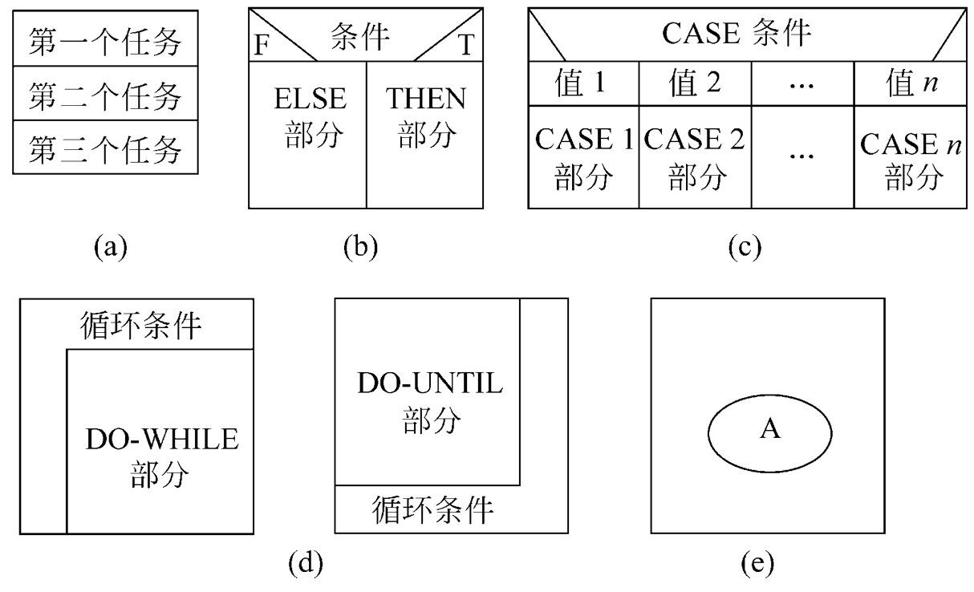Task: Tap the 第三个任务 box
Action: tap(105, 148)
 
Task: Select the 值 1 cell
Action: tap(583, 84)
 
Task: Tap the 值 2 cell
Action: tap(693, 84)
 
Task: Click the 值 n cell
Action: tap(910, 84)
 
